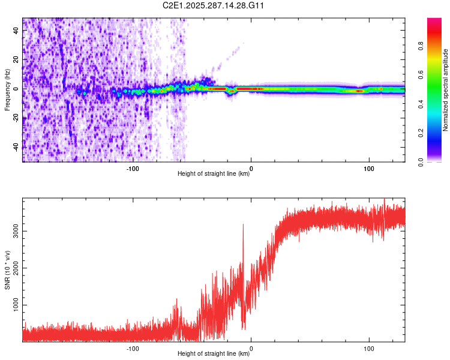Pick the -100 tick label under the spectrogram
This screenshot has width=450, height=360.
click(133, 168)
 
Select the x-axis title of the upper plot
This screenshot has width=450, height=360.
click(214, 174)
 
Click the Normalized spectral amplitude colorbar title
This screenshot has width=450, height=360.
click(446, 90)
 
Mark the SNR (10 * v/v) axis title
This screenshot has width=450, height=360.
click(7, 270)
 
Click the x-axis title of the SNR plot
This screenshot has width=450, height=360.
click(214, 354)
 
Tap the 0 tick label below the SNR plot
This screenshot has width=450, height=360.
click(251, 348)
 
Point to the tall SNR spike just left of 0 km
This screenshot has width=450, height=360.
click(243, 226)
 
